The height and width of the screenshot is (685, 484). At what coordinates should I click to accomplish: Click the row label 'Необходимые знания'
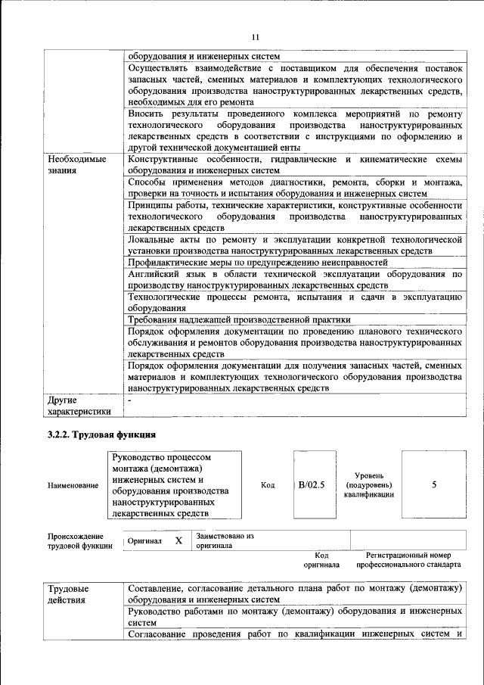[x=76, y=166]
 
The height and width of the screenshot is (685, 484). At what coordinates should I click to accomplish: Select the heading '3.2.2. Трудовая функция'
[x=101, y=435]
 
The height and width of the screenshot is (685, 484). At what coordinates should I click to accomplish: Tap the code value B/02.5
[x=311, y=485]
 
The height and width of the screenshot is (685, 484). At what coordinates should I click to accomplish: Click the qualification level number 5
[x=434, y=485]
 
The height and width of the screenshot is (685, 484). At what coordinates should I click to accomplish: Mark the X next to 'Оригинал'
[x=178, y=540]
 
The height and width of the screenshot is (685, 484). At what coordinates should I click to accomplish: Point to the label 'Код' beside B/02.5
[x=268, y=485]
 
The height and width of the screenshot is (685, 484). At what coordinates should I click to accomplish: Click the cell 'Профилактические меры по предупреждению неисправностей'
[x=257, y=262]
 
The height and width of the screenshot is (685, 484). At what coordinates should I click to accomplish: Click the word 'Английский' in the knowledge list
[x=155, y=273]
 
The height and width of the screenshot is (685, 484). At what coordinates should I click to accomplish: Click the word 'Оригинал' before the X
[x=144, y=541]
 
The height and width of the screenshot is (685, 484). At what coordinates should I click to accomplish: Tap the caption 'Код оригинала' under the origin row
[x=321, y=559]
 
